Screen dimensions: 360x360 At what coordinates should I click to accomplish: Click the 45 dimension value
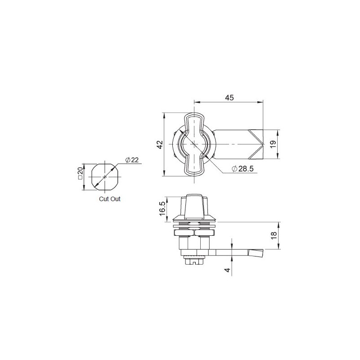229,98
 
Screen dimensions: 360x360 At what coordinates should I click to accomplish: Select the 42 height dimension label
159,144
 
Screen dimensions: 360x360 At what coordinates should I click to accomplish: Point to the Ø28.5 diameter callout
243,168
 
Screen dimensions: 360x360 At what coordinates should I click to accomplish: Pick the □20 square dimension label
80,174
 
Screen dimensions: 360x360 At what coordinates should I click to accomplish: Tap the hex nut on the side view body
194,233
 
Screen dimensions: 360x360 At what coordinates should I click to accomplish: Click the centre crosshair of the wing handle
194,144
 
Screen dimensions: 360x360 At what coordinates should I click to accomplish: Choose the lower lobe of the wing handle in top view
194,166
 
